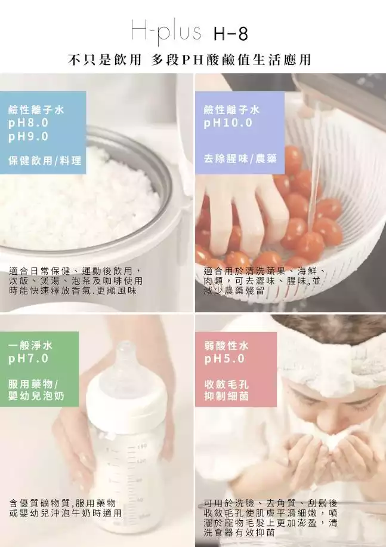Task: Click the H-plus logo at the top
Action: [x=166, y=32]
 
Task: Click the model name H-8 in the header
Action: [x=230, y=34]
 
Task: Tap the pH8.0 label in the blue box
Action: [x=28, y=123]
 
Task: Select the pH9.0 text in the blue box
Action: [x=28, y=136]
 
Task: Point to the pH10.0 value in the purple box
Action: [x=228, y=123]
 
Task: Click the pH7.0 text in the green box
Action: [x=28, y=359]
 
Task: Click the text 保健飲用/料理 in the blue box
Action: [x=45, y=161]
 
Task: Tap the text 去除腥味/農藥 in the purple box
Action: [x=240, y=159]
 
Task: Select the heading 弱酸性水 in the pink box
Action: [x=227, y=346]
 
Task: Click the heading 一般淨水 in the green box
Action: [x=30, y=345]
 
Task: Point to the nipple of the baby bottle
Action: [x=125, y=356]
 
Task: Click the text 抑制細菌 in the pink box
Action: [x=227, y=397]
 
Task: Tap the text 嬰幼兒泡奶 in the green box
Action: [x=36, y=397]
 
